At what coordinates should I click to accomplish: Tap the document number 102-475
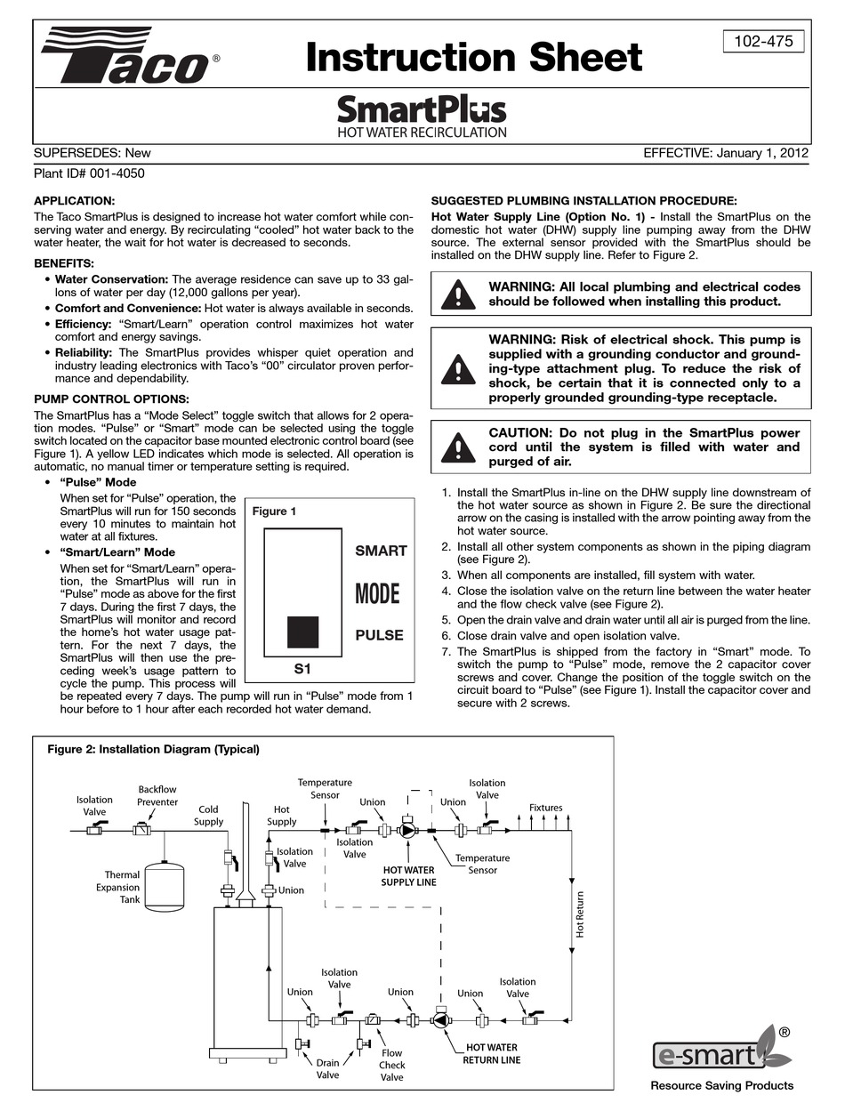coord(764,41)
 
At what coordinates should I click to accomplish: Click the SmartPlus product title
coord(422,110)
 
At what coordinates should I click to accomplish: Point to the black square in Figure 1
coord(302,632)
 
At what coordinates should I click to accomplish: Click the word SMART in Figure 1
coord(381,551)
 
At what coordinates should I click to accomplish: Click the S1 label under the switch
coord(302,666)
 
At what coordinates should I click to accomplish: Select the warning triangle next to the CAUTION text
coord(458,446)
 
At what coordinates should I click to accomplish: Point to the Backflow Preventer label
coord(157,795)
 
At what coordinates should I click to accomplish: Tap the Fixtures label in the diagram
coord(546,808)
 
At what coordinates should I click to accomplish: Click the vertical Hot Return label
coord(580,914)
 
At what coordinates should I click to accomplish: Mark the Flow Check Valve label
coord(391,1065)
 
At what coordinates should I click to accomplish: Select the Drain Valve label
coord(328,1068)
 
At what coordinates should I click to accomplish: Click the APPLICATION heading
coord(74,201)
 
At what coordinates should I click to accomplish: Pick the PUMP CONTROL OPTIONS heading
coord(111,399)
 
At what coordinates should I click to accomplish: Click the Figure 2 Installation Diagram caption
coord(153,749)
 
